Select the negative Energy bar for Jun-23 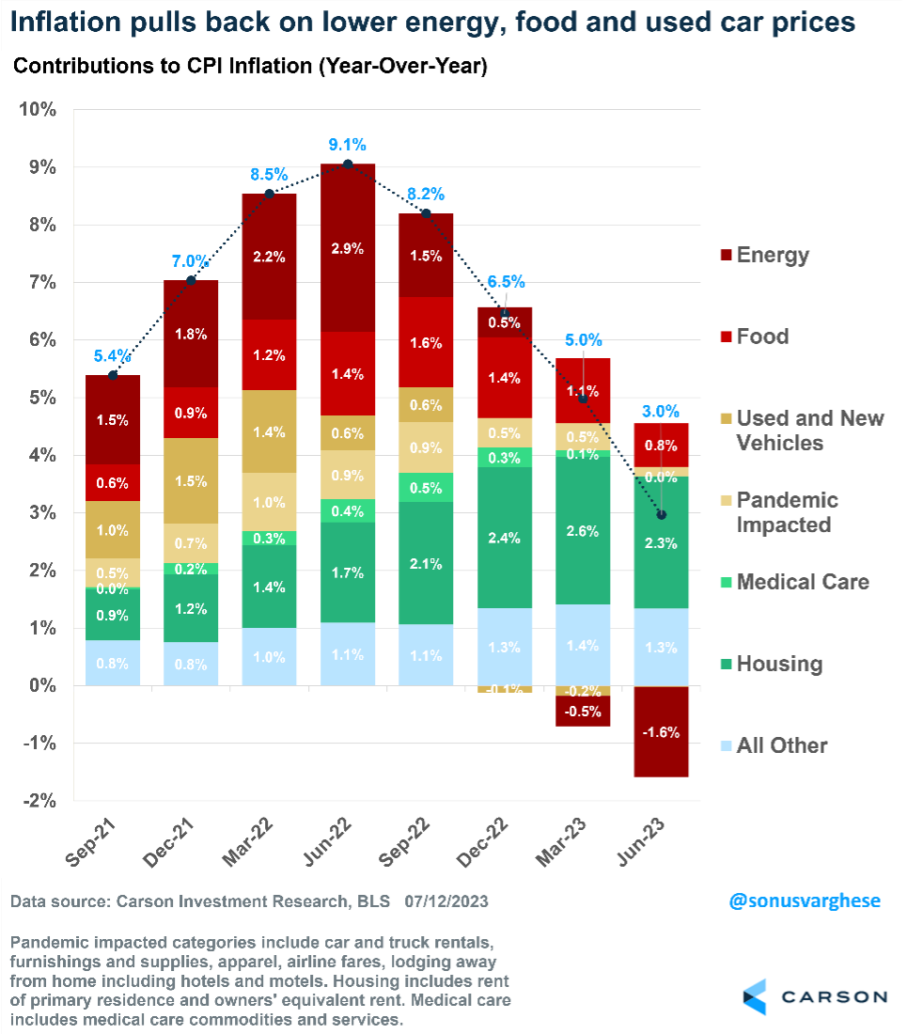pos(661,731)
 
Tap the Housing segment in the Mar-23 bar pos(582,530)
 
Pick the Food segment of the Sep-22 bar pos(425,342)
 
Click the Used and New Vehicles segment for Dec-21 pos(191,480)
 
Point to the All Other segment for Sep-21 pos(113,664)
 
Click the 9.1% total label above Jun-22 pos(347,145)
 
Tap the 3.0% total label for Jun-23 pos(661,411)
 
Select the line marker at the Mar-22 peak pos(270,195)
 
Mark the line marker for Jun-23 pos(661,515)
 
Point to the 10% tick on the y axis pos(38,109)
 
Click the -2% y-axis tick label pos(38,801)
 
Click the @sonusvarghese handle pos(805,901)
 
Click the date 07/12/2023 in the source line pos(446,901)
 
